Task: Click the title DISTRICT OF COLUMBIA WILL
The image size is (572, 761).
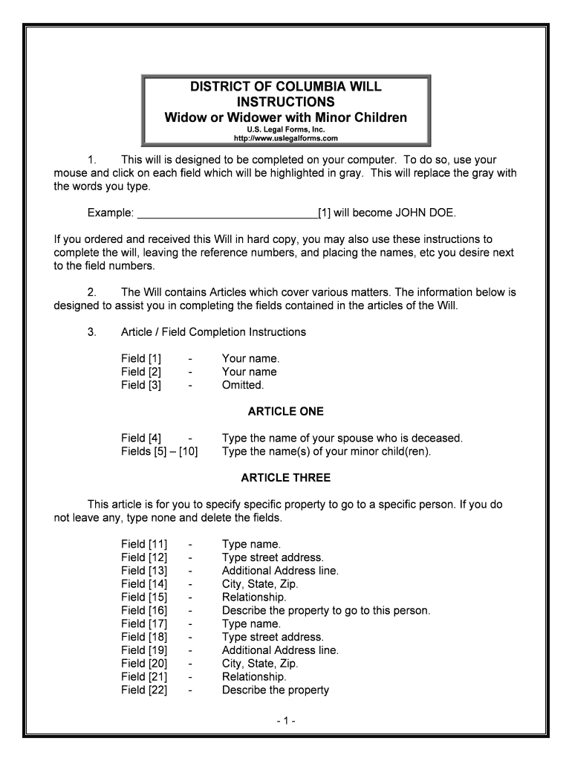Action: (x=286, y=86)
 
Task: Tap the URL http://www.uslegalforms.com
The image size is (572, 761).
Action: (x=286, y=138)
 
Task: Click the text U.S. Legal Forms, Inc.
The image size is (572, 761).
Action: (x=286, y=129)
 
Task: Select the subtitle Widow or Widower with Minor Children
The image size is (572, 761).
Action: (x=286, y=117)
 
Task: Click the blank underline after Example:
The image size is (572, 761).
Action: (x=227, y=213)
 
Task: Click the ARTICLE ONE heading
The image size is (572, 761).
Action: (x=286, y=411)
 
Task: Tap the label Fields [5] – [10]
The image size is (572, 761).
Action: (x=160, y=451)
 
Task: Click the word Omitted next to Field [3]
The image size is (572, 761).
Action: (x=243, y=385)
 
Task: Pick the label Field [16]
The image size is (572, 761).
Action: (x=144, y=611)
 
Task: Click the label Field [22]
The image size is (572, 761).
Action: (x=144, y=690)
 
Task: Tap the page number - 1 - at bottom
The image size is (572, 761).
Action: (x=286, y=721)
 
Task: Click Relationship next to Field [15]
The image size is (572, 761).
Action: (x=254, y=598)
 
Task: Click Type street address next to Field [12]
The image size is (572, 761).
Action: (x=273, y=557)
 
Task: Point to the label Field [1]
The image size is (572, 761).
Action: (x=141, y=358)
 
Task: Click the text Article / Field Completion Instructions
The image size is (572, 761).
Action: (x=213, y=331)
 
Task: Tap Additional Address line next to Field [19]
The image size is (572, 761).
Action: (x=280, y=650)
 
